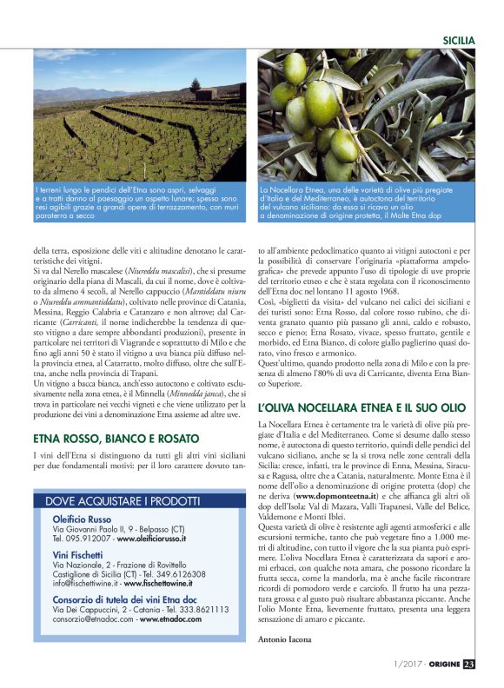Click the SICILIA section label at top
459,40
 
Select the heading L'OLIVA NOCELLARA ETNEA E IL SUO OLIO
362,407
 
